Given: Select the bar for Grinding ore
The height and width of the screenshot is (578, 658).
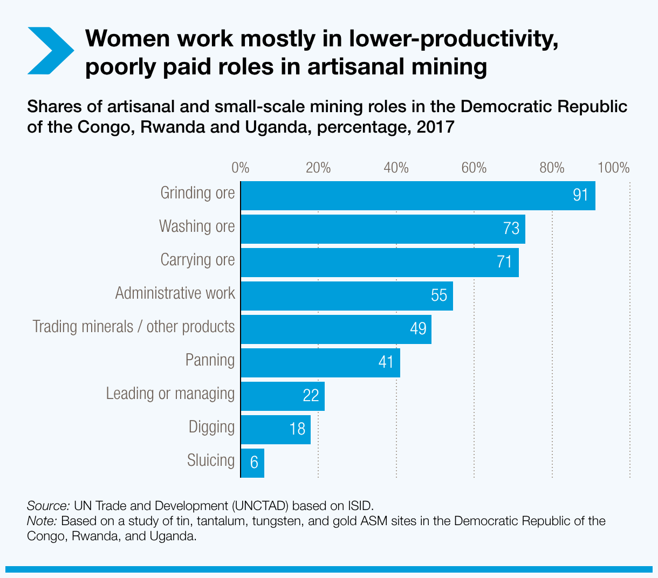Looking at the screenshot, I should point(417,195).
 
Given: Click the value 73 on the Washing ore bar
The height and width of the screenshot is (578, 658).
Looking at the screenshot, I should point(511,229).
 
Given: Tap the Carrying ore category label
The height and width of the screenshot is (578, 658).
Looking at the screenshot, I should point(197,260).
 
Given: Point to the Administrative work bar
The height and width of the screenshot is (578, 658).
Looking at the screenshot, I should point(346,295).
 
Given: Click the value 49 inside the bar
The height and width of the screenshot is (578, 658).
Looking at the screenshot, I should point(418,328).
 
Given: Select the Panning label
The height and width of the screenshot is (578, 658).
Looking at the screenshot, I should point(210,360).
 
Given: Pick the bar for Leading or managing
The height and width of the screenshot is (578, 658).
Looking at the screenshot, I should point(282,396).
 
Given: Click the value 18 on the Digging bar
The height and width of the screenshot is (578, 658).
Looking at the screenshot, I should point(297,429).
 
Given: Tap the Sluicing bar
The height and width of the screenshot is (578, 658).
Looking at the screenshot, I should point(252,463).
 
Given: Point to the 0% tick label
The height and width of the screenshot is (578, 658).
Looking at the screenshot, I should point(240,168).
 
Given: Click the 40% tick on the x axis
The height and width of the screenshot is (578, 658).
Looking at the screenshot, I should point(396,168).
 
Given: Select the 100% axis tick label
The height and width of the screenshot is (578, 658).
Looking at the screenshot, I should point(613,168).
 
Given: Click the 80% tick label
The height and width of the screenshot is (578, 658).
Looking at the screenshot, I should point(552,168).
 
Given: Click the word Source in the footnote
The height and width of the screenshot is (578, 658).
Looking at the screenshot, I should point(47,506).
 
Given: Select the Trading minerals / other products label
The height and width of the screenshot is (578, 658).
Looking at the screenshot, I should point(133,327).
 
